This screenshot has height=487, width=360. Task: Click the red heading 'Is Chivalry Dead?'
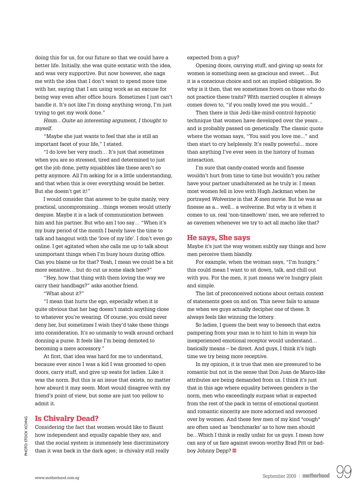point(67,418)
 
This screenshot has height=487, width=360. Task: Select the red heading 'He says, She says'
point(219,237)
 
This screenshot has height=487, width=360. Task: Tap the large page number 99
point(344,472)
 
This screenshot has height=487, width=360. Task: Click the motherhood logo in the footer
point(316,475)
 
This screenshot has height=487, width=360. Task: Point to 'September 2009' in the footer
point(279,476)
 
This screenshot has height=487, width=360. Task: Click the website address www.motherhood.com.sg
point(57,478)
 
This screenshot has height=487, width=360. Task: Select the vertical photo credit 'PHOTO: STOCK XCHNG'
point(26,436)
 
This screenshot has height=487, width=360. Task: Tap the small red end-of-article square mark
point(234,451)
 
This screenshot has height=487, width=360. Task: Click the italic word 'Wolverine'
point(224,199)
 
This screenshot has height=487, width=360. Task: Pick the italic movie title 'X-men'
point(262,199)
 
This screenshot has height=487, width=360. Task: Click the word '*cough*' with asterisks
point(311,419)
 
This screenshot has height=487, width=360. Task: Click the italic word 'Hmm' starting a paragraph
point(50,120)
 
